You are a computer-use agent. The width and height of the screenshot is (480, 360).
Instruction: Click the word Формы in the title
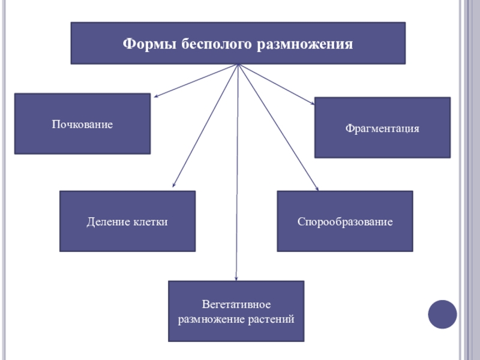[x=145, y=44]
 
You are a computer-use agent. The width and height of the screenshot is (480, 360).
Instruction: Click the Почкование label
[x=82, y=124]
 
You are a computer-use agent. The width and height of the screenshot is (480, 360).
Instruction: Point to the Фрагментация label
[x=382, y=128]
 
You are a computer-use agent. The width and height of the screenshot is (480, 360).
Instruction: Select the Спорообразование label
[x=345, y=222]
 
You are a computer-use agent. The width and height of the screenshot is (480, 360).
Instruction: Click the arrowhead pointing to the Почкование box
[x=157, y=95]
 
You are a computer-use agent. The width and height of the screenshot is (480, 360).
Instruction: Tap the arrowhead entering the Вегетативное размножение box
[x=236, y=278]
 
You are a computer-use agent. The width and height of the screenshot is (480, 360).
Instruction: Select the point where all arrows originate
[x=238, y=65]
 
